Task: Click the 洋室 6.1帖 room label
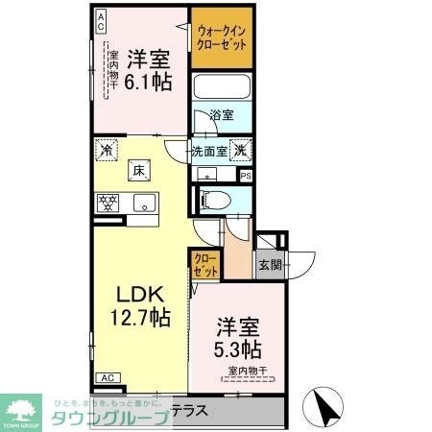pyautogui.click(x=149, y=69)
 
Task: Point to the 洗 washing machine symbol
pyautogui.click(x=242, y=149)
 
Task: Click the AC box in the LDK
pyautogui.click(x=107, y=378)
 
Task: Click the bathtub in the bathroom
pyautogui.click(x=223, y=87)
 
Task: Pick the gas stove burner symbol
pyautogui.click(x=106, y=203)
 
